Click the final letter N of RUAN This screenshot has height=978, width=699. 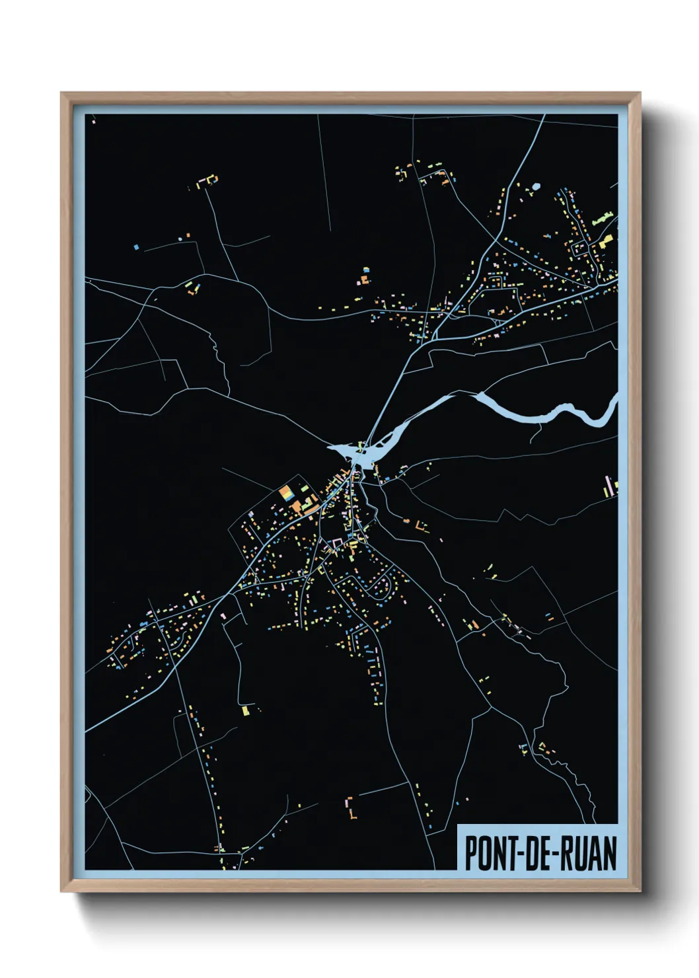[609, 853]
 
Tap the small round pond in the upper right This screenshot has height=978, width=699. [536, 186]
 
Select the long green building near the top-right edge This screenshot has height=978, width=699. [603, 219]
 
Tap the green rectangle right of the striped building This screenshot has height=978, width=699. [305, 488]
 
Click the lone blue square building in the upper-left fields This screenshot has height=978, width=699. [137, 247]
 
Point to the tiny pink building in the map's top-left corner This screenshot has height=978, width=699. [94, 122]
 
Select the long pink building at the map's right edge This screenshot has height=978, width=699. [608, 486]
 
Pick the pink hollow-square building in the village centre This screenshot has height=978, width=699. [337, 544]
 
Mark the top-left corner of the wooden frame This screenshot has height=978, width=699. [62, 94]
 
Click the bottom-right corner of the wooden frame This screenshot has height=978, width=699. [639, 891]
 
